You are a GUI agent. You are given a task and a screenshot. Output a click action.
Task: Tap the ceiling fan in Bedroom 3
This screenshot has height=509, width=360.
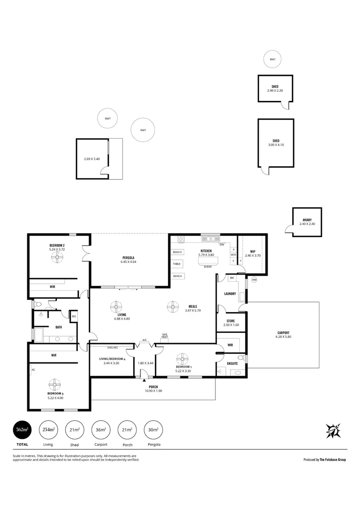coord(56,384)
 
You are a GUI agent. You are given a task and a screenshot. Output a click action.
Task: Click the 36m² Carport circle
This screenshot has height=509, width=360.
coord(101,429)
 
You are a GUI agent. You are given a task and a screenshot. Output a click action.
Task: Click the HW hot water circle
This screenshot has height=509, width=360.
coord(254,280)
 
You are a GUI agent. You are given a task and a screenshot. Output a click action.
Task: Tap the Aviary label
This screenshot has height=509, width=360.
coord(307,220)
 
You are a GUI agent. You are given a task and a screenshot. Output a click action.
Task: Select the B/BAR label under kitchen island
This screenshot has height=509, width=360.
coord(208,267)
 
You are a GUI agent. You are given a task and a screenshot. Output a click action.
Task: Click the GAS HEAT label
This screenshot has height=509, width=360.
coord(165,336)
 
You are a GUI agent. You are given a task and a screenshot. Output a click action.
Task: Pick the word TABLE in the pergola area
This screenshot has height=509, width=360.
coord(177,264)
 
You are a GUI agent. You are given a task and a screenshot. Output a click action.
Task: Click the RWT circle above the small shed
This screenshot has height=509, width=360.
coord(272,59)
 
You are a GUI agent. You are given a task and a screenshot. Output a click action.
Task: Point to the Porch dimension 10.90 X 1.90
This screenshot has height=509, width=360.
coord(153,391)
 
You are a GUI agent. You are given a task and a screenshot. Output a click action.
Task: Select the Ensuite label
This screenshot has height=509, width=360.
coord(232,363)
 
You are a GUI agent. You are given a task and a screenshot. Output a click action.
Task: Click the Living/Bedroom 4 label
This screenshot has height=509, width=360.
coord(111,359)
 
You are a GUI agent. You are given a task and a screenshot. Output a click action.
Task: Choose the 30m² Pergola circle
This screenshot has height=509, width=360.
coord(153,429)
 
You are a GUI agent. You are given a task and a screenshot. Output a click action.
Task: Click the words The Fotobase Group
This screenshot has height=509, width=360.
coord(333,460)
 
